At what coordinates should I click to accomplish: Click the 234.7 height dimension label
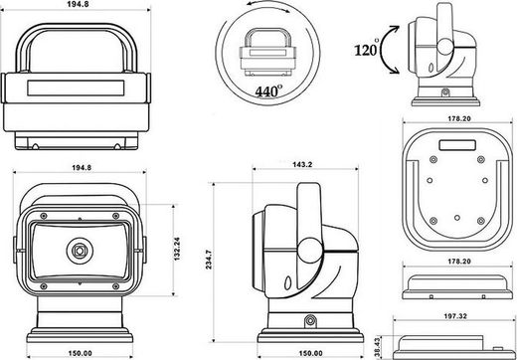click(x=209, y=260)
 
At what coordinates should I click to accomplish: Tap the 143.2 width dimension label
click(x=302, y=164)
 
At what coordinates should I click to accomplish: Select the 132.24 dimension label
click(x=177, y=249)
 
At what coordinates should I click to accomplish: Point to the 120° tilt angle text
click(x=367, y=49)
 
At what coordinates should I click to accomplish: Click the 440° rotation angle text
click(x=268, y=90)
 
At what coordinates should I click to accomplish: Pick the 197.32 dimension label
click(x=455, y=316)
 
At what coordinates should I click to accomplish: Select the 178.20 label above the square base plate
click(x=459, y=118)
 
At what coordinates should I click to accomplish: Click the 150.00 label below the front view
click(x=81, y=353)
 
